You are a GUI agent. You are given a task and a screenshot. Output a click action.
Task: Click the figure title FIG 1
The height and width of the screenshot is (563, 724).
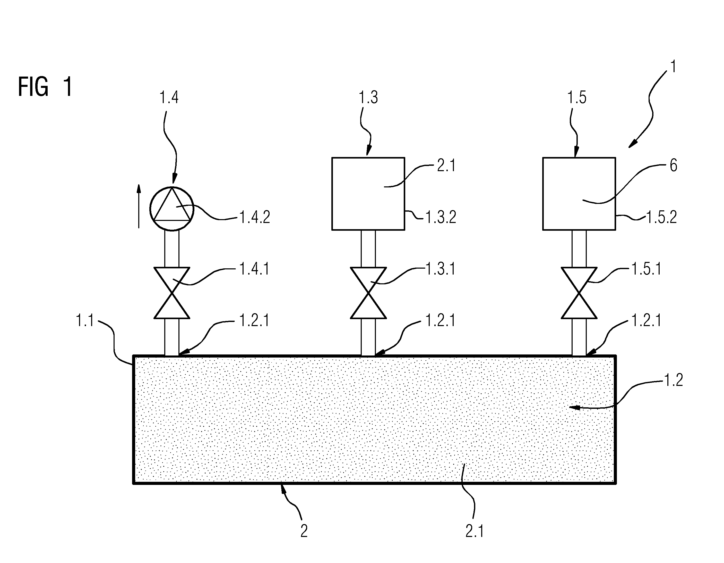(x=45, y=87)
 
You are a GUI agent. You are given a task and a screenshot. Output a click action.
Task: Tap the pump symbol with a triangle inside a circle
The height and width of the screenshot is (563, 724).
(x=172, y=209)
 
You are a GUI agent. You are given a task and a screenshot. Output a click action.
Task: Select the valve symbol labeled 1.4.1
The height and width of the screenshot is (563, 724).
(x=172, y=293)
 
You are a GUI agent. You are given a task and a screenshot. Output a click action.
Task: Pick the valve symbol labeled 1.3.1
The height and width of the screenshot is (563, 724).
(x=368, y=293)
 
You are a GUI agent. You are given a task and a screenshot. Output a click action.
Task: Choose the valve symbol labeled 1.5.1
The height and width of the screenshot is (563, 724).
(x=579, y=293)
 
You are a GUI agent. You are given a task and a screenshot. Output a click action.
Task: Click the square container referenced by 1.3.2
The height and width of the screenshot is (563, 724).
(x=368, y=194)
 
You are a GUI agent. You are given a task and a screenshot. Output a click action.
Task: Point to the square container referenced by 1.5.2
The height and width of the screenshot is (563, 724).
(x=579, y=194)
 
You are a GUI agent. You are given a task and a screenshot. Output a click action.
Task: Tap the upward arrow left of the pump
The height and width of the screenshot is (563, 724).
(x=139, y=206)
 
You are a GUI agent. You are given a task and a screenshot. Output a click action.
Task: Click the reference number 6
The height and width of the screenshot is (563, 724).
(x=673, y=165)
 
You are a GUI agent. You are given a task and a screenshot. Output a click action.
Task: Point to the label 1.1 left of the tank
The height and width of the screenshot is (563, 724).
(x=85, y=321)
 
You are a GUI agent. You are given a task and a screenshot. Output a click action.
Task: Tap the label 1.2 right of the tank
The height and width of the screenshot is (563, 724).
(x=674, y=380)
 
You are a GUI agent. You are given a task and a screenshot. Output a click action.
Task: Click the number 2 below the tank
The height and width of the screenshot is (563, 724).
(x=304, y=531)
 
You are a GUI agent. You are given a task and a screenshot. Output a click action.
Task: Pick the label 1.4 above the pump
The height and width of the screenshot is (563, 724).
(x=169, y=98)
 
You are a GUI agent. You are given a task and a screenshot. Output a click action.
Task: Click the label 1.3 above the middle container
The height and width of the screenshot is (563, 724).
(x=368, y=98)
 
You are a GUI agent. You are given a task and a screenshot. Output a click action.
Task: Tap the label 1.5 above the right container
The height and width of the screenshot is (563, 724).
(x=577, y=98)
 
